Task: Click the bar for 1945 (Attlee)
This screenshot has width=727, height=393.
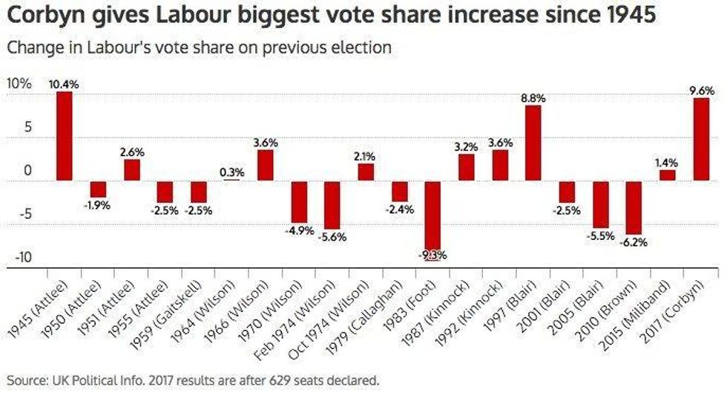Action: pyautogui.click(x=64, y=136)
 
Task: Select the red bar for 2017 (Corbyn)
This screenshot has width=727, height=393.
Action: pyautogui.click(x=701, y=140)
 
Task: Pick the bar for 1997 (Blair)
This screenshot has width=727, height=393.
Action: pyautogui.click(x=533, y=143)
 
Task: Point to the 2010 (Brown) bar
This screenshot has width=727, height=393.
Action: pyautogui.click(x=634, y=207)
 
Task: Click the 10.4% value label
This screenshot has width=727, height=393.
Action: pyautogui.click(x=64, y=84)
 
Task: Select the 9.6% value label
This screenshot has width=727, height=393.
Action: pyautogui.click(x=701, y=91)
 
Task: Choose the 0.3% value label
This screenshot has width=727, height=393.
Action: pyautogui.click(x=233, y=172)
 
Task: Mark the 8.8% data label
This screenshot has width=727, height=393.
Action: pyautogui.click(x=533, y=97)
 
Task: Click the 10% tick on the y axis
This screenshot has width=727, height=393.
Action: pyautogui.click(x=20, y=84)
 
